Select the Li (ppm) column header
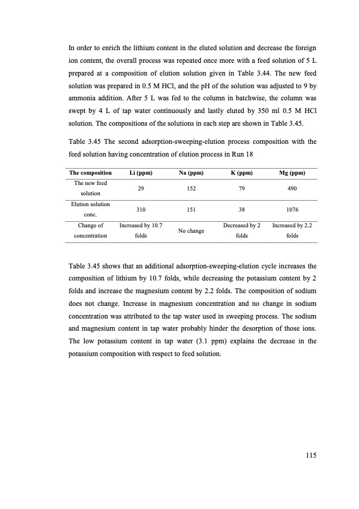coord(140,173)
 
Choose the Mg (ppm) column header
coord(292,173)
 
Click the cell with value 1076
coord(292,209)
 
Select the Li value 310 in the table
coord(140,209)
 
